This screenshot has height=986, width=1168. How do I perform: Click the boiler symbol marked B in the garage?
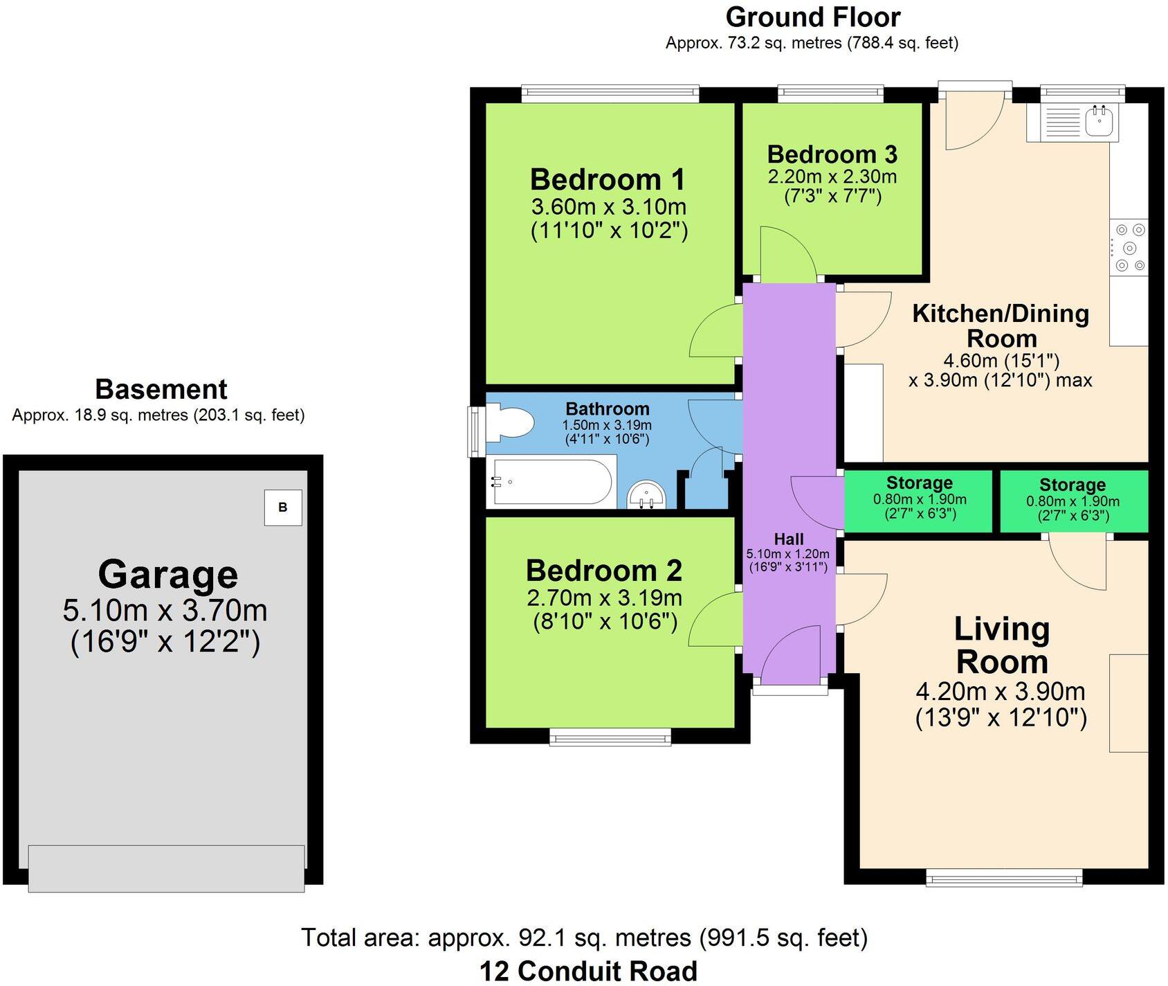(x=283, y=508)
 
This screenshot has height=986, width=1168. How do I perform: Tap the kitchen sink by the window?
(x=1098, y=122)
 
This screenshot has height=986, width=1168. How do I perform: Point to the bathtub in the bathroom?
(x=551, y=481)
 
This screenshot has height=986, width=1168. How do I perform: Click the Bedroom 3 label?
(x=832, y=154)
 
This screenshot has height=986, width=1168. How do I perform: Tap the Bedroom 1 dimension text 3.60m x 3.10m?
(x=608, y=206)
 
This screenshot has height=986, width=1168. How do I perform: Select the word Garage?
(x=167, y=574)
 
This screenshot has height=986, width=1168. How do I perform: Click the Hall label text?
(x=788, y=539)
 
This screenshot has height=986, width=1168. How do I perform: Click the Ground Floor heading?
(x=812, y=17)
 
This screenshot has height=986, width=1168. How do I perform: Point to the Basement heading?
(x=161, y=389)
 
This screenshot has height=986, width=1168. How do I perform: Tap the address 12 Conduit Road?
(x=588, y=971)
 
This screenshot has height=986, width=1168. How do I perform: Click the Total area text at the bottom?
(x=584, y=938)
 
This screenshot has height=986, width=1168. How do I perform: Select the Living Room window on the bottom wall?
(x=1004, y=879)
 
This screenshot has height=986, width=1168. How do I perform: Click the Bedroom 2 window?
(x=610, y=737)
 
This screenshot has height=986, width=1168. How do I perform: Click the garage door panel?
(x=166, y=868)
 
